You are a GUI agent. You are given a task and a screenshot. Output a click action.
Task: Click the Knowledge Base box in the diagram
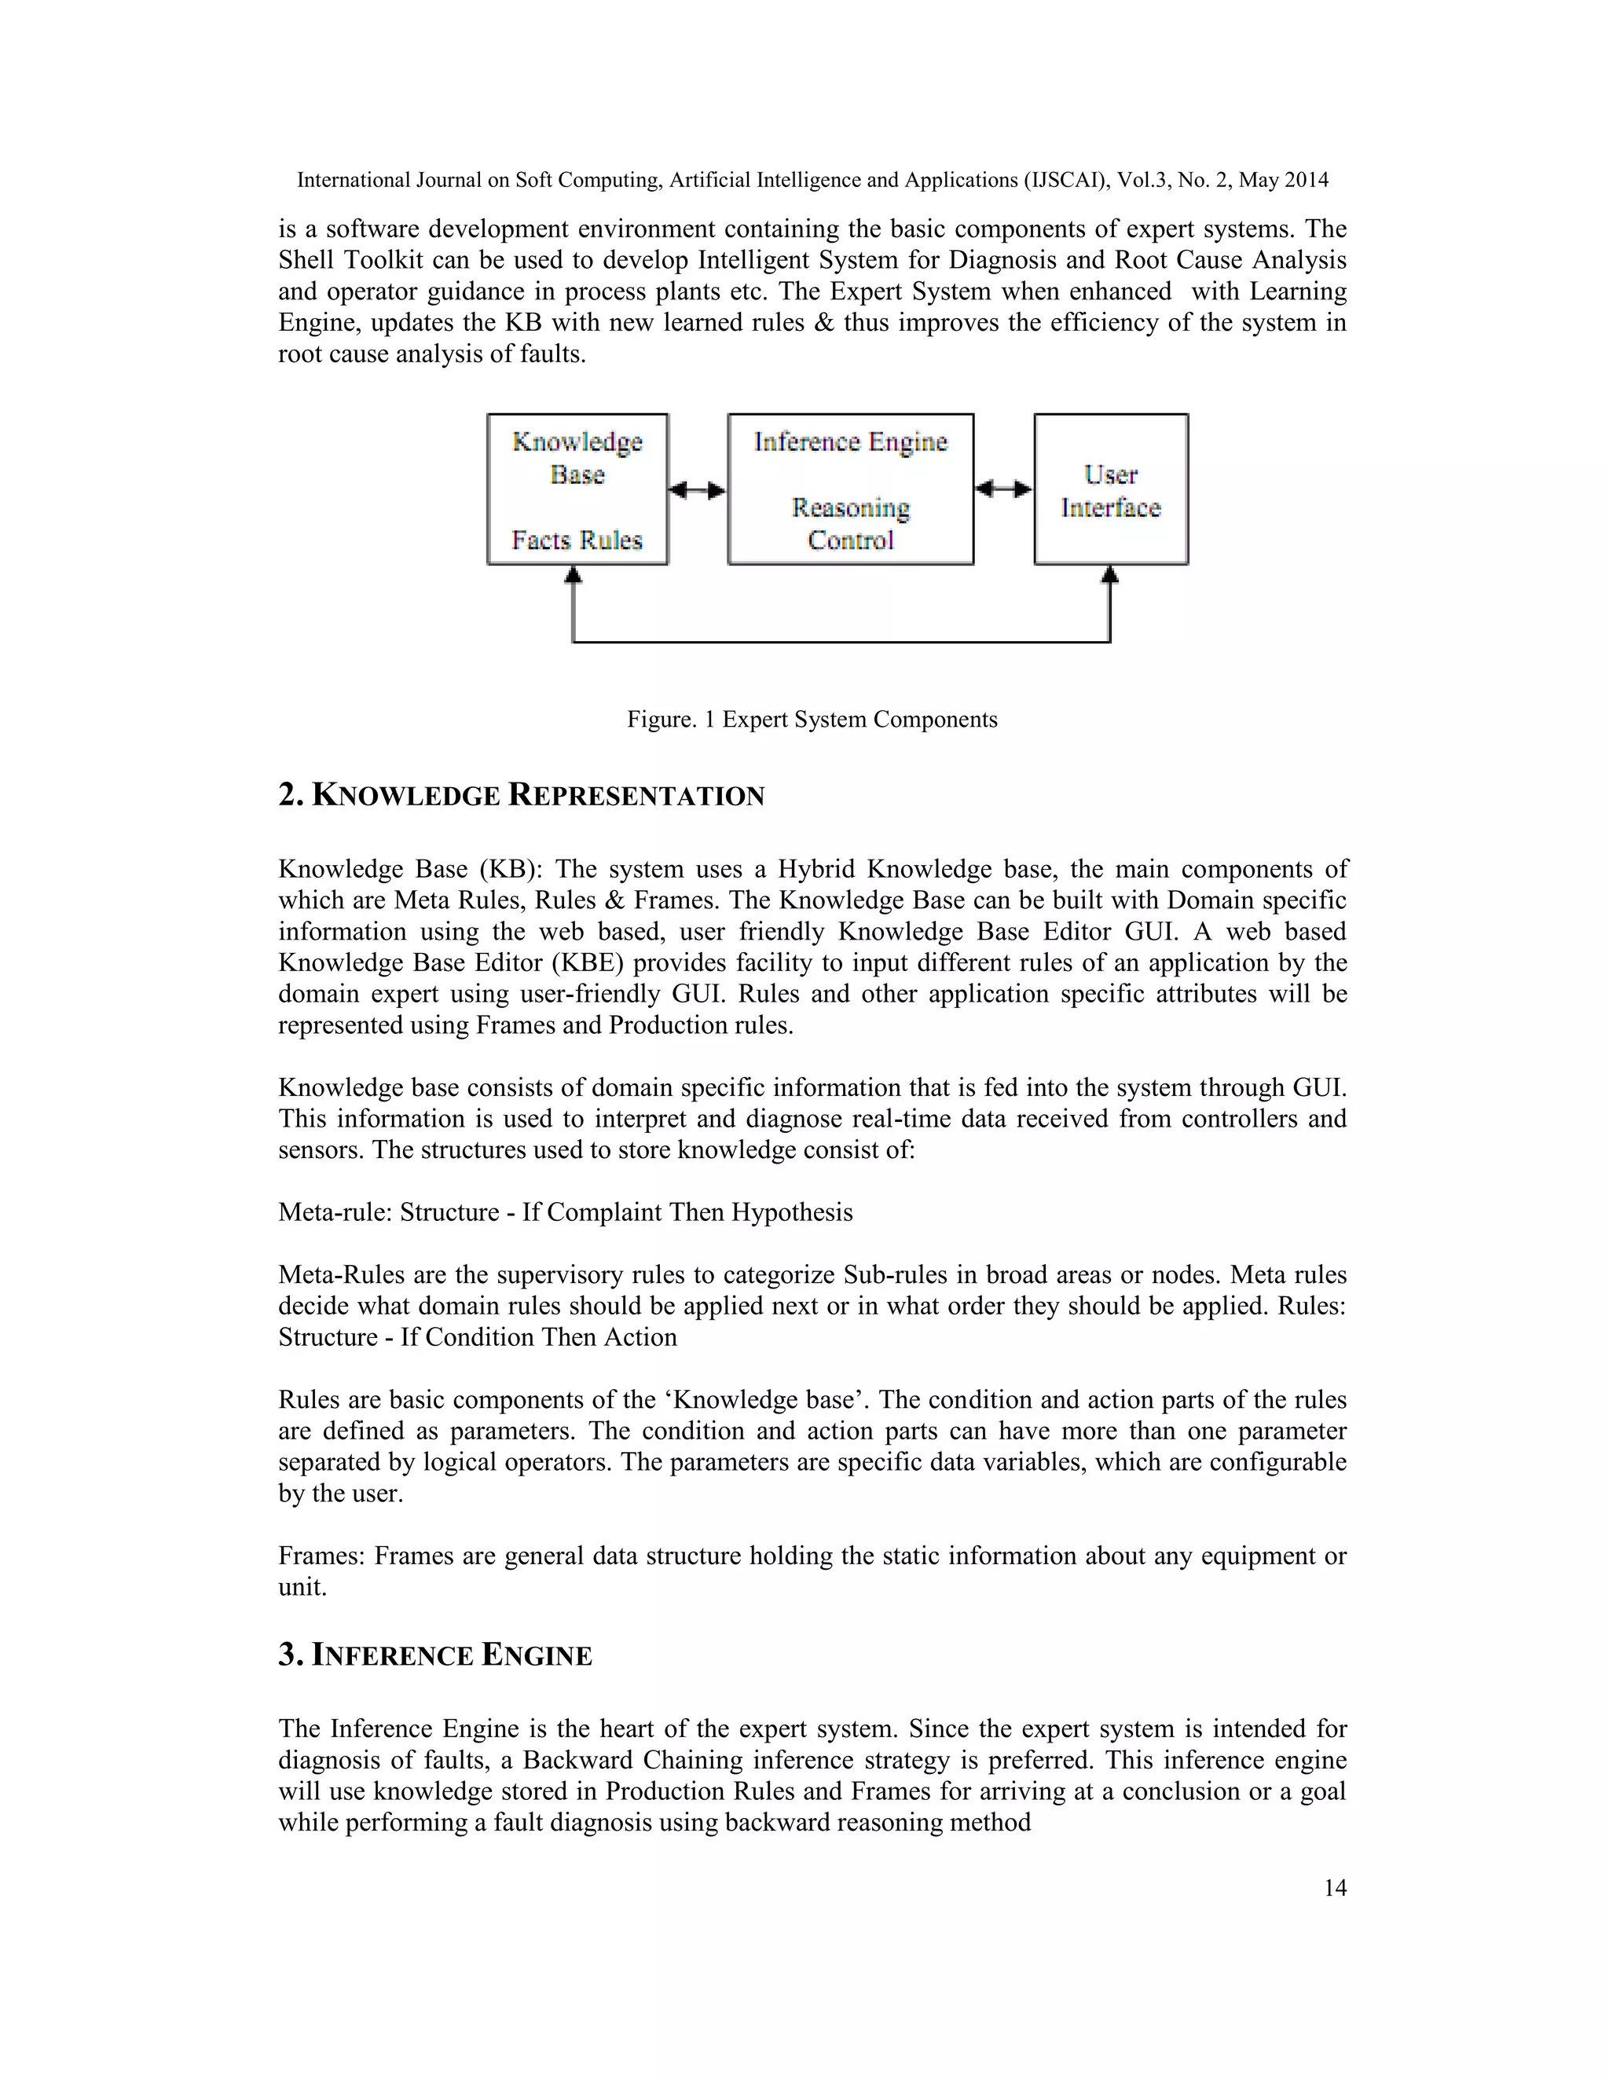(x=577, y=489)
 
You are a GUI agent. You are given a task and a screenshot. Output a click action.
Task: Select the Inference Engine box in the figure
(x=850, y=489)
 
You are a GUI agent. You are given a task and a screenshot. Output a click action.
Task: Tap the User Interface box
(x=1110, y=489)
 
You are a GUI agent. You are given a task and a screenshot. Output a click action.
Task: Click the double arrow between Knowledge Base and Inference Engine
(x=697, y=490)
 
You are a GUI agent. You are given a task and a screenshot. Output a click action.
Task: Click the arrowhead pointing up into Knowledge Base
(x=573, y=575)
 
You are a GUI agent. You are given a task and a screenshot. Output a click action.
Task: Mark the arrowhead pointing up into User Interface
(x=1109, y=575)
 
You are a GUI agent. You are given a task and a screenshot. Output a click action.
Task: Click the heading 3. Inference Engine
(x=434, y=1654)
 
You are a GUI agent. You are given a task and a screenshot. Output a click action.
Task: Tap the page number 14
(x=1335, y=1887)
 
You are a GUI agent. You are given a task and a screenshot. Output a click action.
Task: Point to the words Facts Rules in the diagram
(x=577, y=540)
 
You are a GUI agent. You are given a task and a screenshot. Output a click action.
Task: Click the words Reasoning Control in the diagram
(x=850, y=523)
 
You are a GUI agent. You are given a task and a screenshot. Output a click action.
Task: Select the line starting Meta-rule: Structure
(x=565, y=1211)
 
